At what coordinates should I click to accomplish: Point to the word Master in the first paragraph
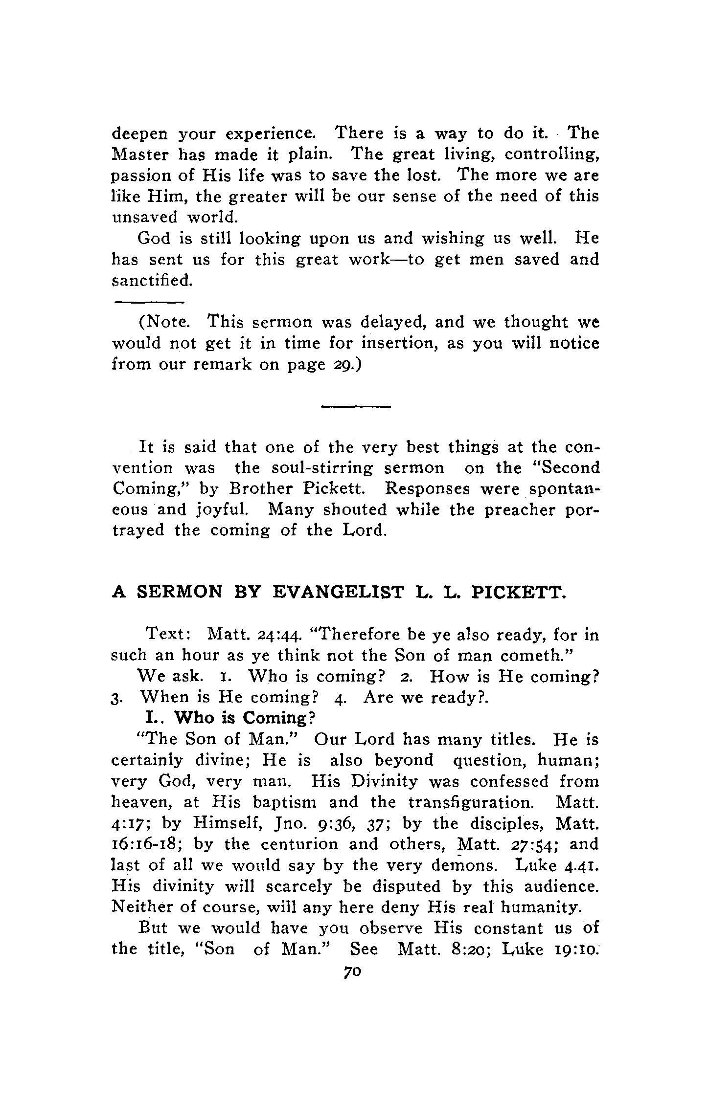point(139,154)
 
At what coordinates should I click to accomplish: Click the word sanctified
point(150,281)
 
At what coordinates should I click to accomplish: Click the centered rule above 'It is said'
point(356,406)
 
